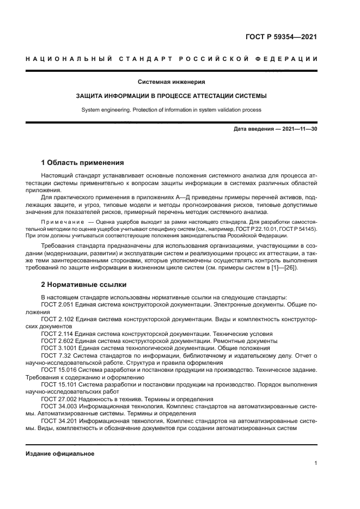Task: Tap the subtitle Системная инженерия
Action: point(171,82)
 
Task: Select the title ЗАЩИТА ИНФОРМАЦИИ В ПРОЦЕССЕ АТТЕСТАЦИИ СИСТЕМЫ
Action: point(171,96)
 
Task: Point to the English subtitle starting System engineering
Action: point(171,109)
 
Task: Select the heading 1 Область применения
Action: point(83,162)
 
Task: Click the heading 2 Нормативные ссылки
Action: point(82,284)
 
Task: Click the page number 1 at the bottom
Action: point(316,463)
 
